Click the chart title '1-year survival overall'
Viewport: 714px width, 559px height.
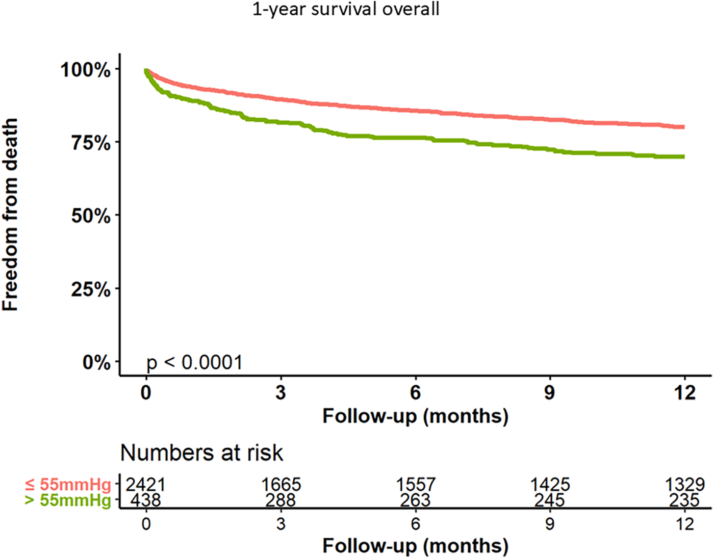346,10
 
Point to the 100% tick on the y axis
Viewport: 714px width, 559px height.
86,69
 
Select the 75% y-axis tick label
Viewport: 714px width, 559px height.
91,143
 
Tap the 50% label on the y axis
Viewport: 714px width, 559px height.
91,216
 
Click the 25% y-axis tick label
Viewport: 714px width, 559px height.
91,289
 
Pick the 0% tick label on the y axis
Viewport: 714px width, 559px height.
96,362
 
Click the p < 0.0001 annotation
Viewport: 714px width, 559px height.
194,363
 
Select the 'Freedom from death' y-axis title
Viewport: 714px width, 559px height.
10,215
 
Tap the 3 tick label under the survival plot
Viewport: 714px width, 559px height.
280,393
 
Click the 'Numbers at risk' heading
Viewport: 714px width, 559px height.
201,452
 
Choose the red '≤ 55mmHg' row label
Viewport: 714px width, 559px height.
68,484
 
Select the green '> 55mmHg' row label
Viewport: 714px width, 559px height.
68,500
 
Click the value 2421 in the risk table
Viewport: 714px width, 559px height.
146,484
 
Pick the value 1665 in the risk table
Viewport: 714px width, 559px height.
281,484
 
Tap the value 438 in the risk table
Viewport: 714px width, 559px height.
146,500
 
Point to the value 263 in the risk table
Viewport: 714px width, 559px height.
415,500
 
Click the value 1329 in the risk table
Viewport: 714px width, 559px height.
684,484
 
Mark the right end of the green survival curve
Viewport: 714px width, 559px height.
683,156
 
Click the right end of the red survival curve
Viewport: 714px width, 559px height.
683,127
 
